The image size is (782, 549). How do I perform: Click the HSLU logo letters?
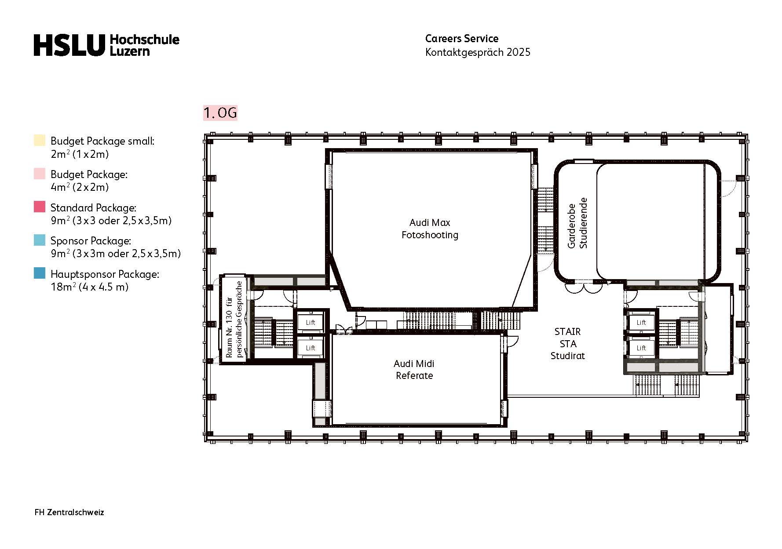pyautogui.click(x=69, y=45)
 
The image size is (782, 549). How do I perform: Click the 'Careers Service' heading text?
pyautogui.click(x=461, y=39)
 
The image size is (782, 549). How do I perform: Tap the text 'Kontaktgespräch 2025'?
pyautogui.click(x=478, y=52)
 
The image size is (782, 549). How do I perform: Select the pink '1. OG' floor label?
pyautogui.click(x=220, y=113)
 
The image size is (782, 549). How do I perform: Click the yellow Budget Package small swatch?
pyautogui.click(x=40, y=141)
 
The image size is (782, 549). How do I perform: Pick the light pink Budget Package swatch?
pyautogui.click(x=40, y=174)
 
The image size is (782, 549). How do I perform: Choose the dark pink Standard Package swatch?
pyautogui.click(x=40, y=207)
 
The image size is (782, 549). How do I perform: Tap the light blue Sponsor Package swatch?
pyautogui.click(x=40, y=240)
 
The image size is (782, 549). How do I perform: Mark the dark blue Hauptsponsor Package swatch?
pyautogui.click(x=40, y=273)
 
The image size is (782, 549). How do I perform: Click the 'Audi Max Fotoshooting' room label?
pyautogui.click(x=430, y=229)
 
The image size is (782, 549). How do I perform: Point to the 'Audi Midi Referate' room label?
pyautogui.click(x=414, y=370)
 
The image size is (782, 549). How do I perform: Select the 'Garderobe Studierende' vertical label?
pyautogui.click(x=577, y=223)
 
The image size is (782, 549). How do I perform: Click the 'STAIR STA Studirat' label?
pyautogui.click(x=567, y=344)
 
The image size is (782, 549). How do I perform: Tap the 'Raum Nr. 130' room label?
pyautogui.click(x=234, y=319)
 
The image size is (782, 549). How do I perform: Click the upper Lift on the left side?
pyautogui.click(x=311, y=323)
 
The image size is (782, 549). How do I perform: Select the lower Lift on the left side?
pyautogui.click(x=311, y=348)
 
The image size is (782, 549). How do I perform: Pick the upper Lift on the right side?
pyautogui.click(x=641, y=323)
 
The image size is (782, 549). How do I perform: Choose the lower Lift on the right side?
pyautogui.click(x=641, y=348)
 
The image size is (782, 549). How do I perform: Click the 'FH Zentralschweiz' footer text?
pyautogui.click(x=69, y=513)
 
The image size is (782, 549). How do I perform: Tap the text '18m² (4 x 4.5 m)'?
pyautogui.click(x=90, y=287)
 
